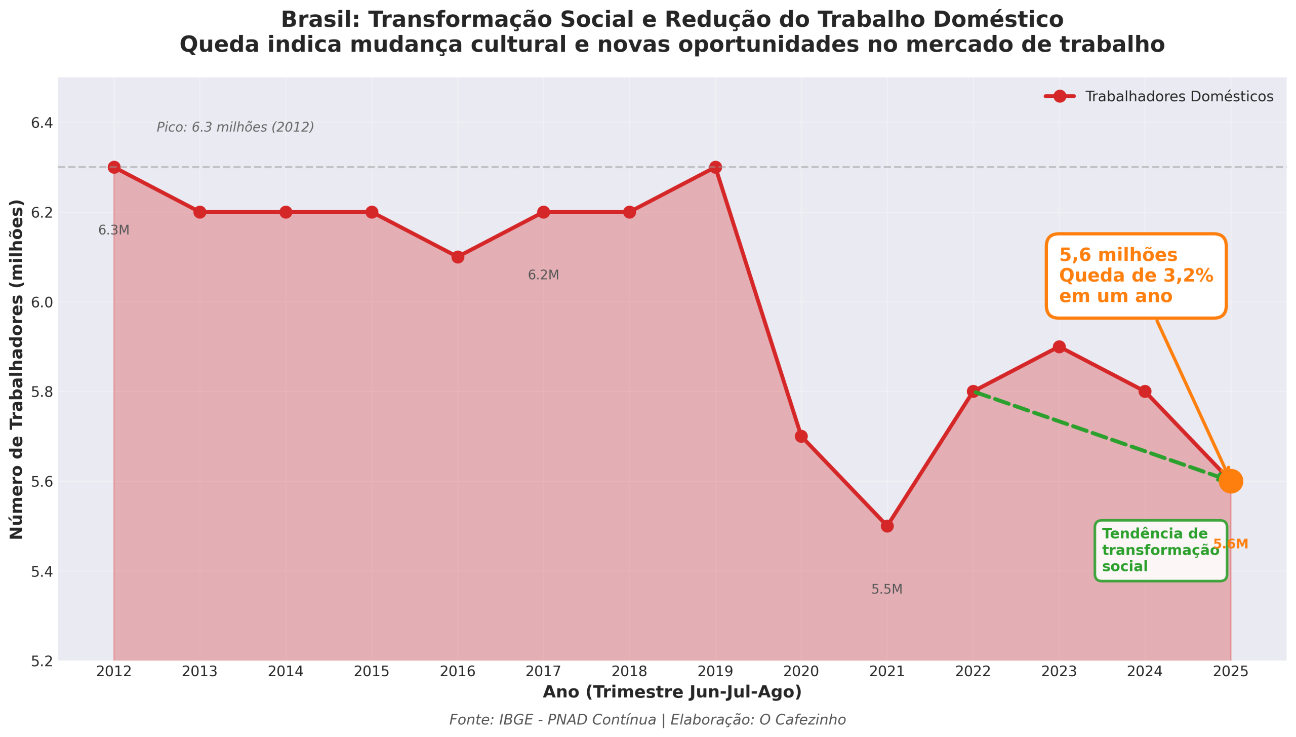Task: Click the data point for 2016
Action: pos(458,257)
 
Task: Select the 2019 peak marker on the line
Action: pos(715,167)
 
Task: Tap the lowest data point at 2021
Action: pos(887,526)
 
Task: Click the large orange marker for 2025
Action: pos(1230,481)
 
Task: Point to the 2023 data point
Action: pos(1059,347)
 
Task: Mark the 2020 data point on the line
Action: pos(801,436)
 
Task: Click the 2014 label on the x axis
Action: pos(286,672)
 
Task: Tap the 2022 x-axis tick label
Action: pos(973,672)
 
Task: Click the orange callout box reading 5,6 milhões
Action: pos(1136,276)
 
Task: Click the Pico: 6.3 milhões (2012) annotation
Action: pos(235,127)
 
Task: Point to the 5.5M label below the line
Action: pos(886,589)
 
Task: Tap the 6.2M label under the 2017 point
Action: pos(543,275)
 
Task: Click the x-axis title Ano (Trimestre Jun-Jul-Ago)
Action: pos(672,692)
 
